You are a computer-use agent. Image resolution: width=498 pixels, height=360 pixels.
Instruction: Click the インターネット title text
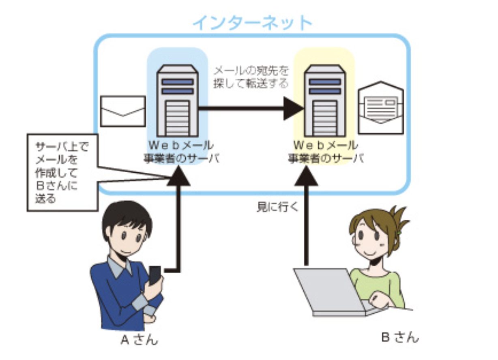253,23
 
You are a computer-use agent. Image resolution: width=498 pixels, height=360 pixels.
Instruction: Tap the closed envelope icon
123,111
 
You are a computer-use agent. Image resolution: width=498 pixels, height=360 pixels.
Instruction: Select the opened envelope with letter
381,108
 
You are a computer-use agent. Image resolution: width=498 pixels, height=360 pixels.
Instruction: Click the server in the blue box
177,101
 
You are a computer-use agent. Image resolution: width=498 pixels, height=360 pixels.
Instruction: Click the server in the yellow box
325,101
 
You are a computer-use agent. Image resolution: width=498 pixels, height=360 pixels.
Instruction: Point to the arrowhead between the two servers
294,108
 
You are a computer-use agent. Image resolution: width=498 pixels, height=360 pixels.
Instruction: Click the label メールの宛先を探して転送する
251,77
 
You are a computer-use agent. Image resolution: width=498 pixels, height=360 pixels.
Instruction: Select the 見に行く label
277,207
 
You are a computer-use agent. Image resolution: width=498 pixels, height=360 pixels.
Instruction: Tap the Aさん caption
139,340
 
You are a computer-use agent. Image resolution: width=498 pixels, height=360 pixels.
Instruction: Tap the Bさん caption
400,337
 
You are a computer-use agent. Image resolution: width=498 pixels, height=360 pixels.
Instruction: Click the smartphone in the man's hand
155,275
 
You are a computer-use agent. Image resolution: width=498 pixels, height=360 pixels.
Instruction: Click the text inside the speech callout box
62,172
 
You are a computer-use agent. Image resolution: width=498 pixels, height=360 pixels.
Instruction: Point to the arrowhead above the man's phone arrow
178,176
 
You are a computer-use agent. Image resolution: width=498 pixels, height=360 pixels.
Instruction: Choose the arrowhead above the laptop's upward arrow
306,176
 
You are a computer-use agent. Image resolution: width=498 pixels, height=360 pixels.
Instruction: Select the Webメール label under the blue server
181,146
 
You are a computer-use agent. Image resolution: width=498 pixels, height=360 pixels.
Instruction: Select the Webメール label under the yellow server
326,146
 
